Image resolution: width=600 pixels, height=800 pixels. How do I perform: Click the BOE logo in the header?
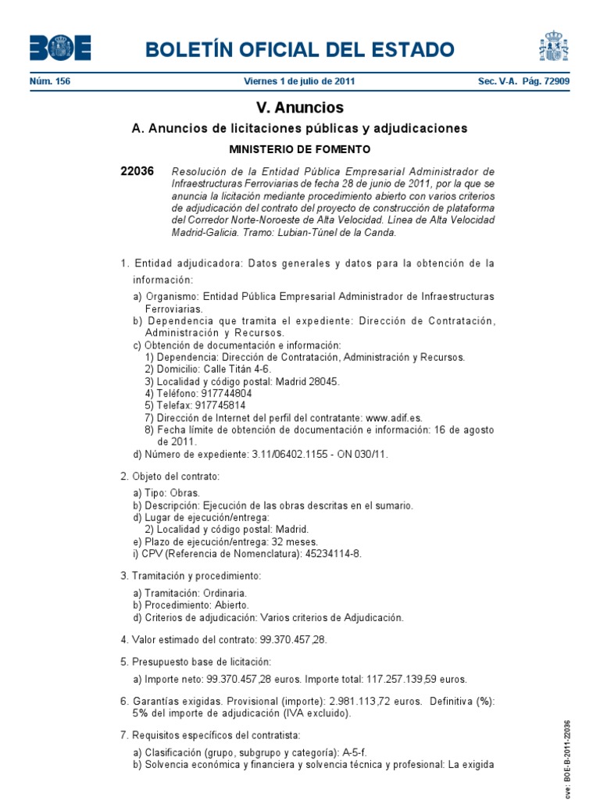coord(60,48)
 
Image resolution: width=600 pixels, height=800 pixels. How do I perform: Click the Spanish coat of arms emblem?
coord(553,46)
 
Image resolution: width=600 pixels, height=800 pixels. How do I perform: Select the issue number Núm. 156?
coord(50,81)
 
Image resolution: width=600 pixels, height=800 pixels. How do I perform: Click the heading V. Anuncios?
coord(299,108)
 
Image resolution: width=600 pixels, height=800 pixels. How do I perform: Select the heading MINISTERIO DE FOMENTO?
coord(299,148)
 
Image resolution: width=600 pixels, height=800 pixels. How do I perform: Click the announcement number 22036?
coord(137,171)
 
